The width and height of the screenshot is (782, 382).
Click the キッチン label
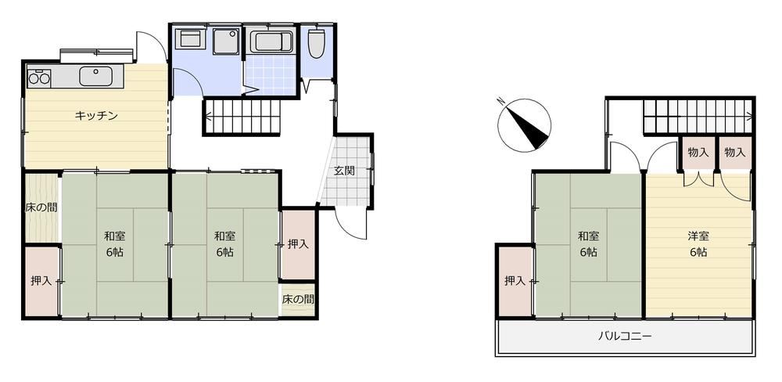coord(96,116)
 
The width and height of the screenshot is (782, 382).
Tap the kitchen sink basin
coord(95,77)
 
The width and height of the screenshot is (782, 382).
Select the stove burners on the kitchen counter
coord(39,78)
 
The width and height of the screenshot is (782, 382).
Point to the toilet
coord(316,42)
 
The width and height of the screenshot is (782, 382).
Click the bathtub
coord(271,41)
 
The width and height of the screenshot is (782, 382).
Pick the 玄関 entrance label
coord(344,171)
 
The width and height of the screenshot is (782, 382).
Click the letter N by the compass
coord(500,102)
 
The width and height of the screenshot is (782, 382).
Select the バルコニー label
coord(625,336)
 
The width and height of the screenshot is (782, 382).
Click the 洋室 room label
coord(699,236)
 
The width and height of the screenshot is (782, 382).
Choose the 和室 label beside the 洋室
coord(589,236)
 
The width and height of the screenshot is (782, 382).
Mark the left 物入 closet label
coord(698,153)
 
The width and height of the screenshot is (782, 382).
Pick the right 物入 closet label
coord(734,153)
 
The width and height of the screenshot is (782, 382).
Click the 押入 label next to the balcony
coord(515,281)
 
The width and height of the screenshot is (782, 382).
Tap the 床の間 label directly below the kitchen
coord(41,207)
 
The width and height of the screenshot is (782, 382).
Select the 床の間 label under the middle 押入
coord(298,300)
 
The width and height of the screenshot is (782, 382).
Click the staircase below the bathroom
coord(243,117)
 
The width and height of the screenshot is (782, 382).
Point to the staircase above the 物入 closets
coord(698,117)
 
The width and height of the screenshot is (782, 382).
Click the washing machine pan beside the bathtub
coord(225,41)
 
